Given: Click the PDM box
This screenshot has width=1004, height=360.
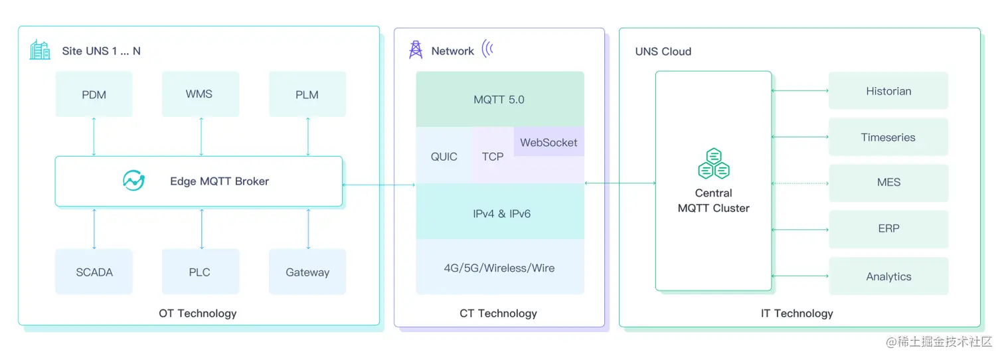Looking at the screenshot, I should [94, 94].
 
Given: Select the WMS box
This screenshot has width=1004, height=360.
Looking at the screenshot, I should [200, 94].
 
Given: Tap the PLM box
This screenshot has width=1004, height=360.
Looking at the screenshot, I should [307, 94].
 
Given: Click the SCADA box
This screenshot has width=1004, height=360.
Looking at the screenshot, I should [94, 272].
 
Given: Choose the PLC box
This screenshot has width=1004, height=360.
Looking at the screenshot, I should [200, 272].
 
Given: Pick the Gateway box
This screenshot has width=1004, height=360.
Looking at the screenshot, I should [307, 272].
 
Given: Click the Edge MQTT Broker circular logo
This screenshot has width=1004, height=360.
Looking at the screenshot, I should [133, 181].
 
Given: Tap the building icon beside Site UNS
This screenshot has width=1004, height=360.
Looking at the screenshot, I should [40, 50].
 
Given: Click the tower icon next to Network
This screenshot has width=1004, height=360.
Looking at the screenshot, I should [416, 50].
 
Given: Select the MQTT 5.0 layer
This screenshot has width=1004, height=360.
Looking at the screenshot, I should [499, 100].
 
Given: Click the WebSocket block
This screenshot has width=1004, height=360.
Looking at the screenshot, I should [548, 142].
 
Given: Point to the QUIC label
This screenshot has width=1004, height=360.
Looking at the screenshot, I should [444, 157].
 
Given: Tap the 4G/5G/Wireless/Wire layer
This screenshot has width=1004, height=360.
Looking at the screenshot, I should [499, 268].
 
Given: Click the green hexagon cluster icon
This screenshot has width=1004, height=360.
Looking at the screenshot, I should [714, 164].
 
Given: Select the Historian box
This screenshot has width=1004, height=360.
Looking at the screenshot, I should [888, 91].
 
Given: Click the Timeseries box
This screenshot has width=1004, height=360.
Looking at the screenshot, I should [888, 137].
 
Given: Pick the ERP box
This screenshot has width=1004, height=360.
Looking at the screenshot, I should [888, 228].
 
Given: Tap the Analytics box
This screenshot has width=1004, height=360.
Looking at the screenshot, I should [888, 276].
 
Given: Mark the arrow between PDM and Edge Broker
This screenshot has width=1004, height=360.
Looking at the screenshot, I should [94, 136].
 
